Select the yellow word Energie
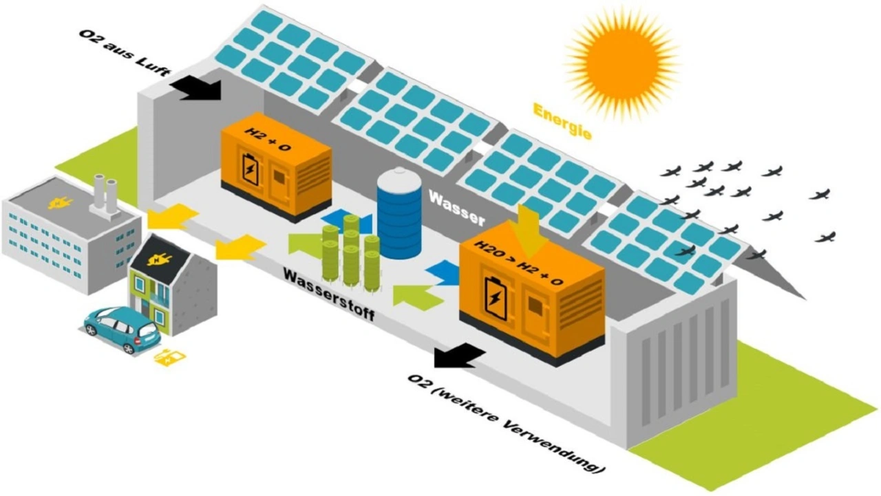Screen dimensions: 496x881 562,120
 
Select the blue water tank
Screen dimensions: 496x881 399,213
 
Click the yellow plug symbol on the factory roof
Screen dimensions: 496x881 55,203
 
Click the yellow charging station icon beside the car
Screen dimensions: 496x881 169,357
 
